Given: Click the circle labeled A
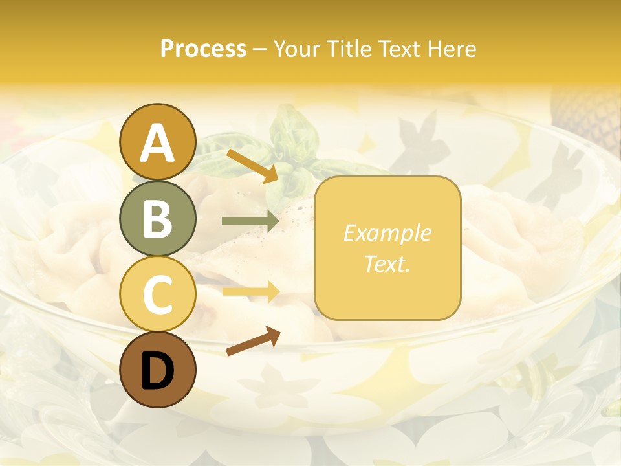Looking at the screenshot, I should (x=157, y=142).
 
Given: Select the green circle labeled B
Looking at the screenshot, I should (x=157, y=218).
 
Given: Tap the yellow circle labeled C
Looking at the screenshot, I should (x=157, y=294).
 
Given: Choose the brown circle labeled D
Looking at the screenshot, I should (x=157, y=370).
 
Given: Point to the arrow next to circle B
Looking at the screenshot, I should (x=250, y=221).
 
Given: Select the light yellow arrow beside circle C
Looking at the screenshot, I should (x=250, y=291).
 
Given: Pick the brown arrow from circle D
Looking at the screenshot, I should (x=252, y=342).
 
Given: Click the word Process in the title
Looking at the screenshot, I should (x=203, y=49).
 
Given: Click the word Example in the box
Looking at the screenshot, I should (x=387, y=233).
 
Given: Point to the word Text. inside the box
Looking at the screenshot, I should (x=387, y=263).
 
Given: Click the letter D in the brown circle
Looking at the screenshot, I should (x=157, y=371).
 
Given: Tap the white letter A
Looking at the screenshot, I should (x=157, y=143).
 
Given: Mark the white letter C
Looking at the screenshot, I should (x=157, y=294).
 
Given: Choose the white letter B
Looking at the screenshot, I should (x=157, y=219).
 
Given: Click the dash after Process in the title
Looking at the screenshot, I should (x=260, y=49).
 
